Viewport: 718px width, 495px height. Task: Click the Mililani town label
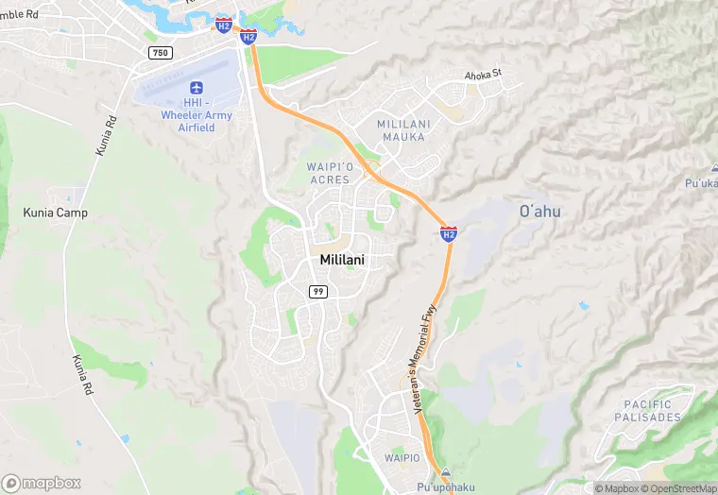[x=342, y=260]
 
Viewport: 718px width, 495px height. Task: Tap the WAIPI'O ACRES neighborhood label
[x=330, y=173]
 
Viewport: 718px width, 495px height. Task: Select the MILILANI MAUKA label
[x=403, y=130]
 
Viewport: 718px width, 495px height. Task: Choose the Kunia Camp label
[x=55, y=213]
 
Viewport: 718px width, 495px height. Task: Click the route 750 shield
[x=160, y=52]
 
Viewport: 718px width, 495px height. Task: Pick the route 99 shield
[x=318, y=292]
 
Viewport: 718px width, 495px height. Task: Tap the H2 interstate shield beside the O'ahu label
[x=449, y=233]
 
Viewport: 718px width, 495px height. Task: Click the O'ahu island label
[x=539, y=212]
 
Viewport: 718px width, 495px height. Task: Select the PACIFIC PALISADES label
[x=647, y=410]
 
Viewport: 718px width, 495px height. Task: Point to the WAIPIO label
[x=402, y=457]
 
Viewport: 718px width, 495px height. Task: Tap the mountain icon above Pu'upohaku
[x=446, y=472]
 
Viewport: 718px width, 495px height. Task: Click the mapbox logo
[x=42, y=483]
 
